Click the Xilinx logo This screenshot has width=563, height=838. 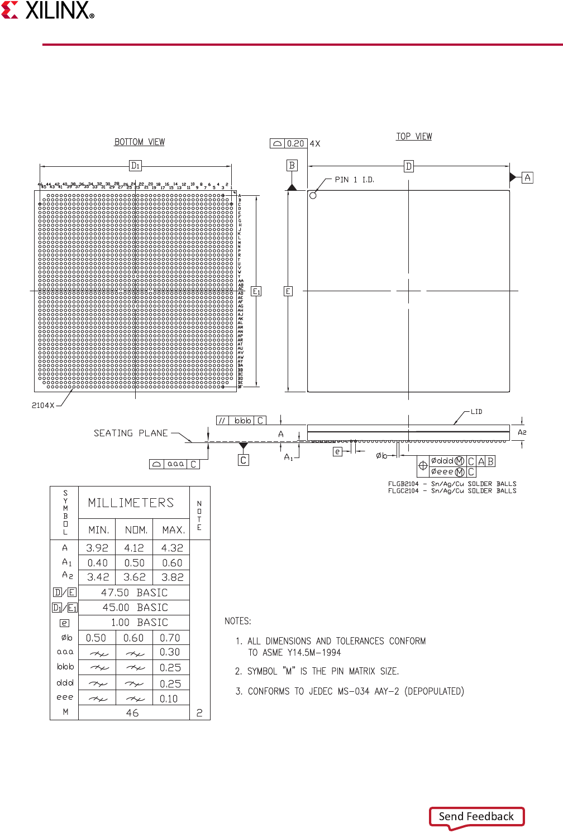(48, 11)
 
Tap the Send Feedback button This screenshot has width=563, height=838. (476, 817)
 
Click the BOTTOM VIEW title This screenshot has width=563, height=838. (140, 142)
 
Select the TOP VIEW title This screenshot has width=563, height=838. (414, 137)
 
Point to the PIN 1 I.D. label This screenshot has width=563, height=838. (354, 180)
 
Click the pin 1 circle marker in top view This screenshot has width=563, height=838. (313, 195)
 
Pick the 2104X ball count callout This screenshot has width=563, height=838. (43, 406)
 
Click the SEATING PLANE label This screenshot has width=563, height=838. (131, 434)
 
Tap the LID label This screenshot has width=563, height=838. (476, 412)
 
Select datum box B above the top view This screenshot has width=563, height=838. (292, 165)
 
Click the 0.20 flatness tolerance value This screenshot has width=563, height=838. (295, 143)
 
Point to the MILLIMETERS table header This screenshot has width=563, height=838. (131, 503)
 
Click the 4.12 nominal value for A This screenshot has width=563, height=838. (134, 548)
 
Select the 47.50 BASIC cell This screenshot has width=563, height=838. (134, 593)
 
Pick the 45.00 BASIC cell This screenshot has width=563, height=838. (135, 608)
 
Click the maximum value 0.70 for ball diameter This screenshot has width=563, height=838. (170, 638)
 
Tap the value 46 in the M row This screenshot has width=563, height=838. (132, 713)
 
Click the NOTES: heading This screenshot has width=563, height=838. (238, 621)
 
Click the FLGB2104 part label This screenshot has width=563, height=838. (403, 484)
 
